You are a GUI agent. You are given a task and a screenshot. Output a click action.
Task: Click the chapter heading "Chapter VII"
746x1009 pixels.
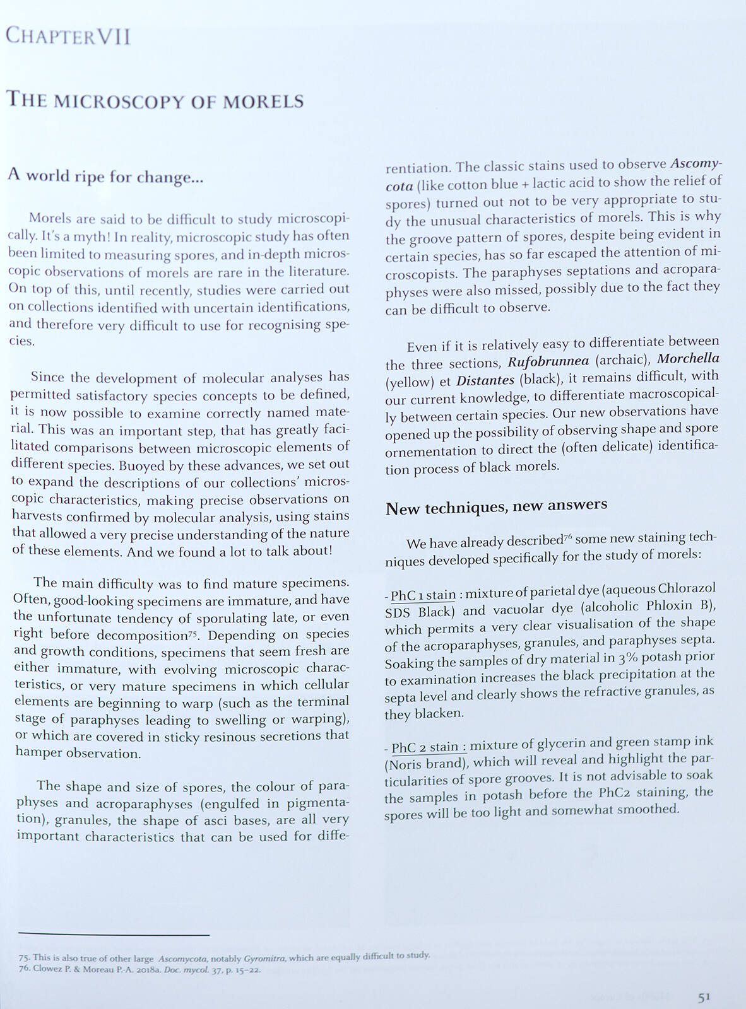point(68,37)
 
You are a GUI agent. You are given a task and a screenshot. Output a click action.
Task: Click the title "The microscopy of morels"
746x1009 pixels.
point(155,101)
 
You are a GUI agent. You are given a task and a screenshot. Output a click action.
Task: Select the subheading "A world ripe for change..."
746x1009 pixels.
point(106,176)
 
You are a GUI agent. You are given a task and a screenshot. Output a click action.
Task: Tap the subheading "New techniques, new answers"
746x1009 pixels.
point(496,506)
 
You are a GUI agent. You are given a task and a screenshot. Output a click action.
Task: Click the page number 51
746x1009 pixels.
point(704,997)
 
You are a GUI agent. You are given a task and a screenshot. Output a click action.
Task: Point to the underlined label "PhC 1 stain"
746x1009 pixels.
point(423,595)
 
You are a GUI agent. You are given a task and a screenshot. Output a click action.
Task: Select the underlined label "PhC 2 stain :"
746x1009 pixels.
point(429,747)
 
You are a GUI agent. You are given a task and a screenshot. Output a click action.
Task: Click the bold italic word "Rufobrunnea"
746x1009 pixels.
point(548,361)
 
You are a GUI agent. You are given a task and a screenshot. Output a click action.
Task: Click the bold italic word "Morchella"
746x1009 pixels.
point(688,358)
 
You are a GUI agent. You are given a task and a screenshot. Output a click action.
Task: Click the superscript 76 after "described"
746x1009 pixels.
point(567,537)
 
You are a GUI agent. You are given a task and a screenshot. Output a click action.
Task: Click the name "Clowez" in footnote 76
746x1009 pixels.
point(49,969)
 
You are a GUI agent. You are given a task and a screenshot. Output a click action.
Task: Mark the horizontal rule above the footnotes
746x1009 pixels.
point(114,935)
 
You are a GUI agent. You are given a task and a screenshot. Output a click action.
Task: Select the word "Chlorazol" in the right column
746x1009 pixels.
point(687,588)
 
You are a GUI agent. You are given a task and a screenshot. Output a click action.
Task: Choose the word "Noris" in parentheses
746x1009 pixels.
point(406,765)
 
